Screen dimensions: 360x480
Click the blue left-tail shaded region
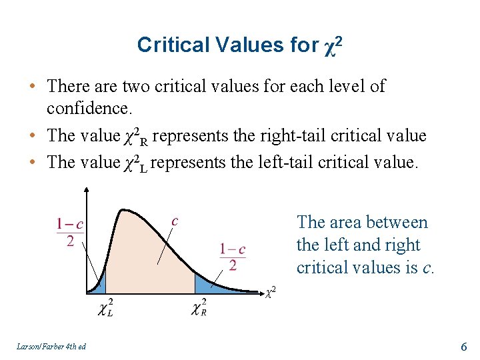click(99, 285)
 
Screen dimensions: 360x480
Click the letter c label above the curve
click(175, 221)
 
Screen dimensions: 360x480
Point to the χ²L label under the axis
click(105, 307)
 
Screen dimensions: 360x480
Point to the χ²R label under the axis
click(199, 307)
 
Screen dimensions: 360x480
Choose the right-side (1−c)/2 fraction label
click(233, 257)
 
